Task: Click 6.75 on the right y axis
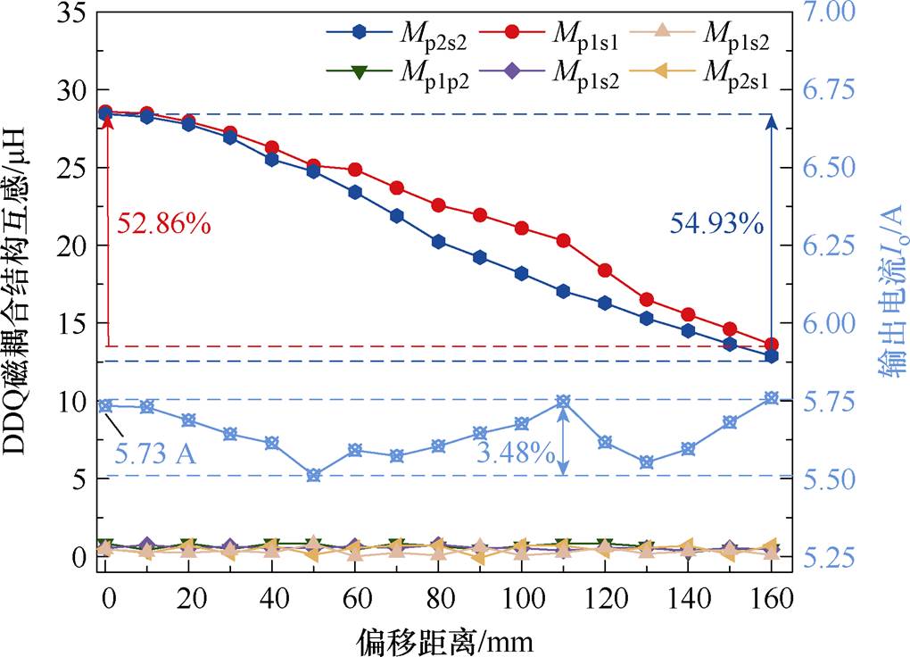(828, 91)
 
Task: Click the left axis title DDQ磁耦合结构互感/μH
(25, 289)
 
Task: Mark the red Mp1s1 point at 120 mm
(605, 270)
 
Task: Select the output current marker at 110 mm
(563, 402)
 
